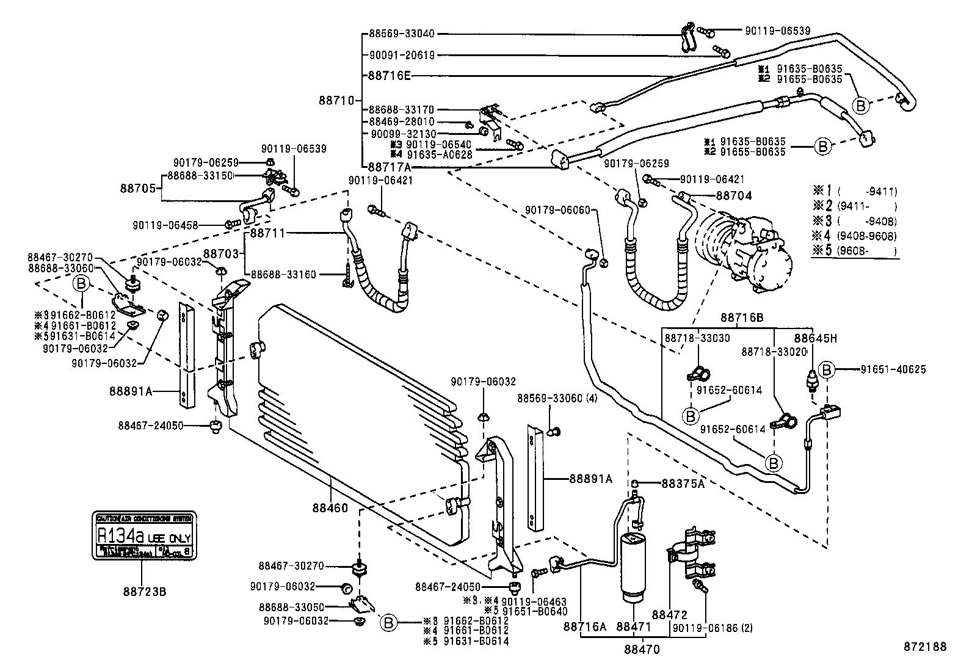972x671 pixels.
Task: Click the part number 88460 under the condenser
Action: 330,508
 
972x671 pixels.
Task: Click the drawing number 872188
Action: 925,647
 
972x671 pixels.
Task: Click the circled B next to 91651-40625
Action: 825,369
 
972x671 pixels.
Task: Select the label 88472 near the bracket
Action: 670,614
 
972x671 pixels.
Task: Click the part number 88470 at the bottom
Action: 642,650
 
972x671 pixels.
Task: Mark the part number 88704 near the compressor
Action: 733,196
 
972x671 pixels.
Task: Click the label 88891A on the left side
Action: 131,391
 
